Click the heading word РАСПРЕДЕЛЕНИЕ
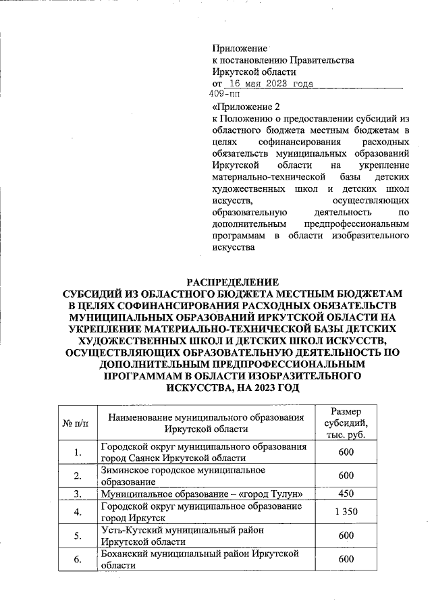pos(232,282)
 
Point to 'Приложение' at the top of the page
pos(240,48)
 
